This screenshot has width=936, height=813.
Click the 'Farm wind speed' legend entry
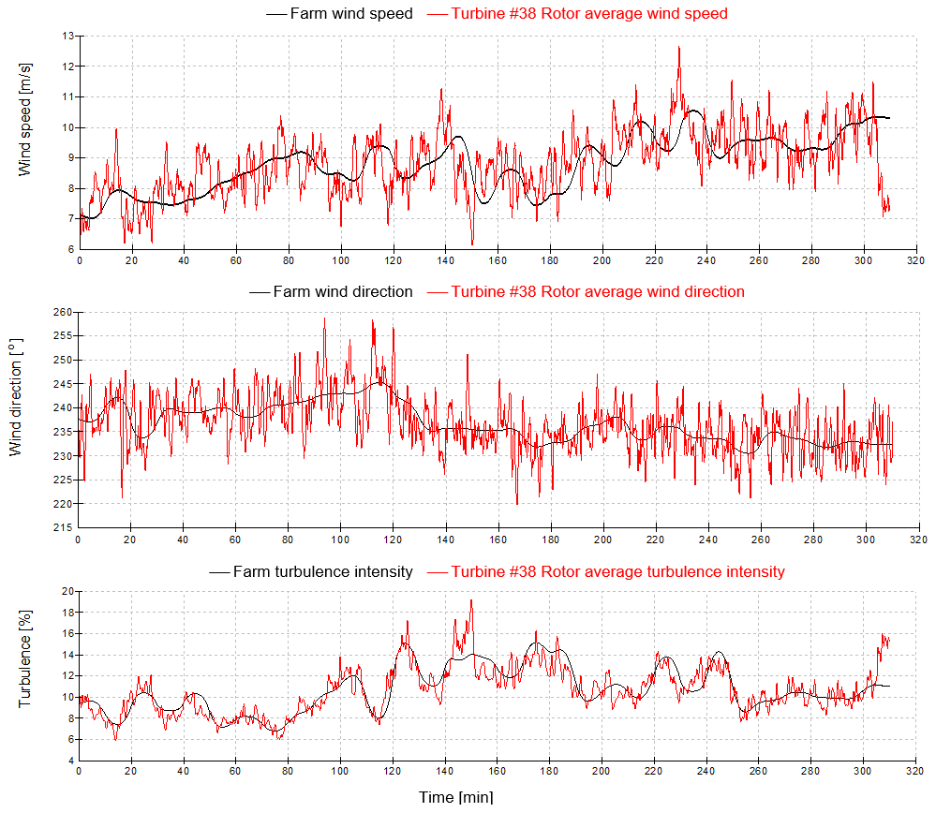pyautogui.click(x=351, y=13)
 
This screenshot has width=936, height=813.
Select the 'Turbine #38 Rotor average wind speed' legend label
pyautogui.click(x=588, y=13)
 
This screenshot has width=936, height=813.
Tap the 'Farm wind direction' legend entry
pyautogui.click(x=342, y=291)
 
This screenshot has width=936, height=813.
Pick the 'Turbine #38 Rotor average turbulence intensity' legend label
pyautogui.click(x=617, y=571)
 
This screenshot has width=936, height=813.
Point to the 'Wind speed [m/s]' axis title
pyautogui.click(x=25, y=119)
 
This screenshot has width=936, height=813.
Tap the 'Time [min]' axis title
pyautogui.click(x=454, y=797)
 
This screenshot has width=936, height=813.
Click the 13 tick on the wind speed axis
pyautogui.click(x=67, y=36)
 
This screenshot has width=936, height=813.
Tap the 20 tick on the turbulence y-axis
pyautogui.click(x=67, y=591)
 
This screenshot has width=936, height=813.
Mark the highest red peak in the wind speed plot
pyautogui.click(x=678, y=47)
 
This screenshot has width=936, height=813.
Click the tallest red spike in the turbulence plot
pyautogui.click(x=471, y=600)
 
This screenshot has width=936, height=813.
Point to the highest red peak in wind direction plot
pyautogui.click(x=324, y=318)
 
